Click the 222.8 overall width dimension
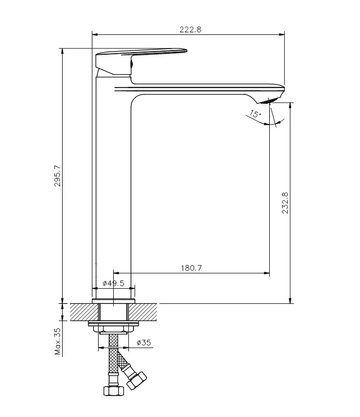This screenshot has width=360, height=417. [x=190, y=30]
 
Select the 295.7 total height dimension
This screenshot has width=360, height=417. [x=57, y=176]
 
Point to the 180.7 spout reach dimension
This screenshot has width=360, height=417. [x=191, y=268]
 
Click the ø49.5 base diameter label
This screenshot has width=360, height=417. [x=113, y=283]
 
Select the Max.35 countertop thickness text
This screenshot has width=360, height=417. [x=57, y=341]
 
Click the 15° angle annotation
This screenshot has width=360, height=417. [x=255, y=115]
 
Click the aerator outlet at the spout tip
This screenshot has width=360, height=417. [x=273, y=100]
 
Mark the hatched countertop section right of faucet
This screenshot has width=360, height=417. [x=143, y=312]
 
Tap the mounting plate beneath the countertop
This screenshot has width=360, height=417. [x=113, y=324]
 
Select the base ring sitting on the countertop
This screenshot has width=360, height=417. [x=113, y=301]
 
